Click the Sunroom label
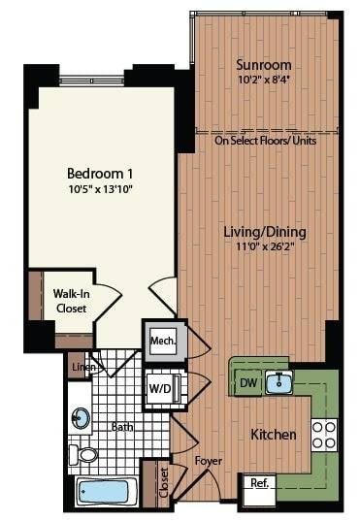(261, 65)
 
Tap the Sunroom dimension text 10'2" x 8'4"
(261, 82)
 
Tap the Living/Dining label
(265, 232)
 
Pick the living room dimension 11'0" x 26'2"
(265, 247)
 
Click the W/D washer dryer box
(159, 388)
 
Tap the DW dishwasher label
(247, 382)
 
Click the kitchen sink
(281, 380)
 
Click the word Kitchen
(274, 434)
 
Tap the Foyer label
(209, 461)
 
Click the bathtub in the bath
(104, 490)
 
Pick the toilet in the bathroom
(86, 453)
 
